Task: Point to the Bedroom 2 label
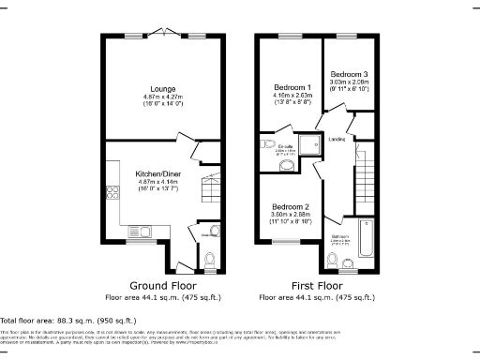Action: pyautogui.click(x=291, y=205)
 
